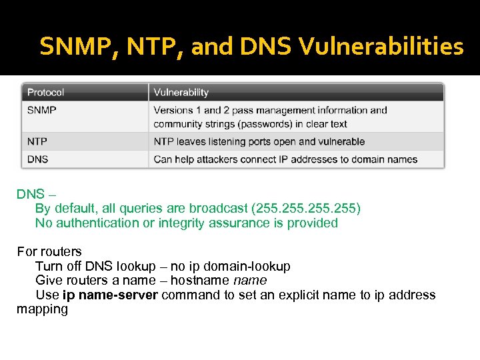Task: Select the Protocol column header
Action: [x=46, y=93]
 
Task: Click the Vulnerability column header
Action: [x=181, y=93]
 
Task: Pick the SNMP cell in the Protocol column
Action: [x=42, y=110]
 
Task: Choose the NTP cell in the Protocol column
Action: [x=37, y=141]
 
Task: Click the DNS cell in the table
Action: [x=38, y=159]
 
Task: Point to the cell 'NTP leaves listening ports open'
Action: [x=259, y=141]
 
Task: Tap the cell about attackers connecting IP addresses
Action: [x=285, y=159]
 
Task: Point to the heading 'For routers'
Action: [x=49, y=251]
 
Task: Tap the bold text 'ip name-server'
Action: [x=110, y=295]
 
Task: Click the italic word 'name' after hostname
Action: [x=250, y=281]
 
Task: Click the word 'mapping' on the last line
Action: [x=42, y=309]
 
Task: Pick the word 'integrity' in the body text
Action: [x=181, y=223]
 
